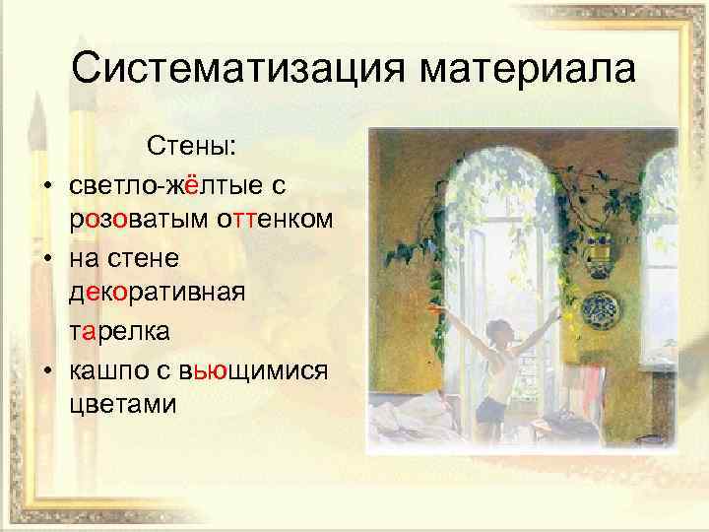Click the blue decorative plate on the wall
tap(600, 307)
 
